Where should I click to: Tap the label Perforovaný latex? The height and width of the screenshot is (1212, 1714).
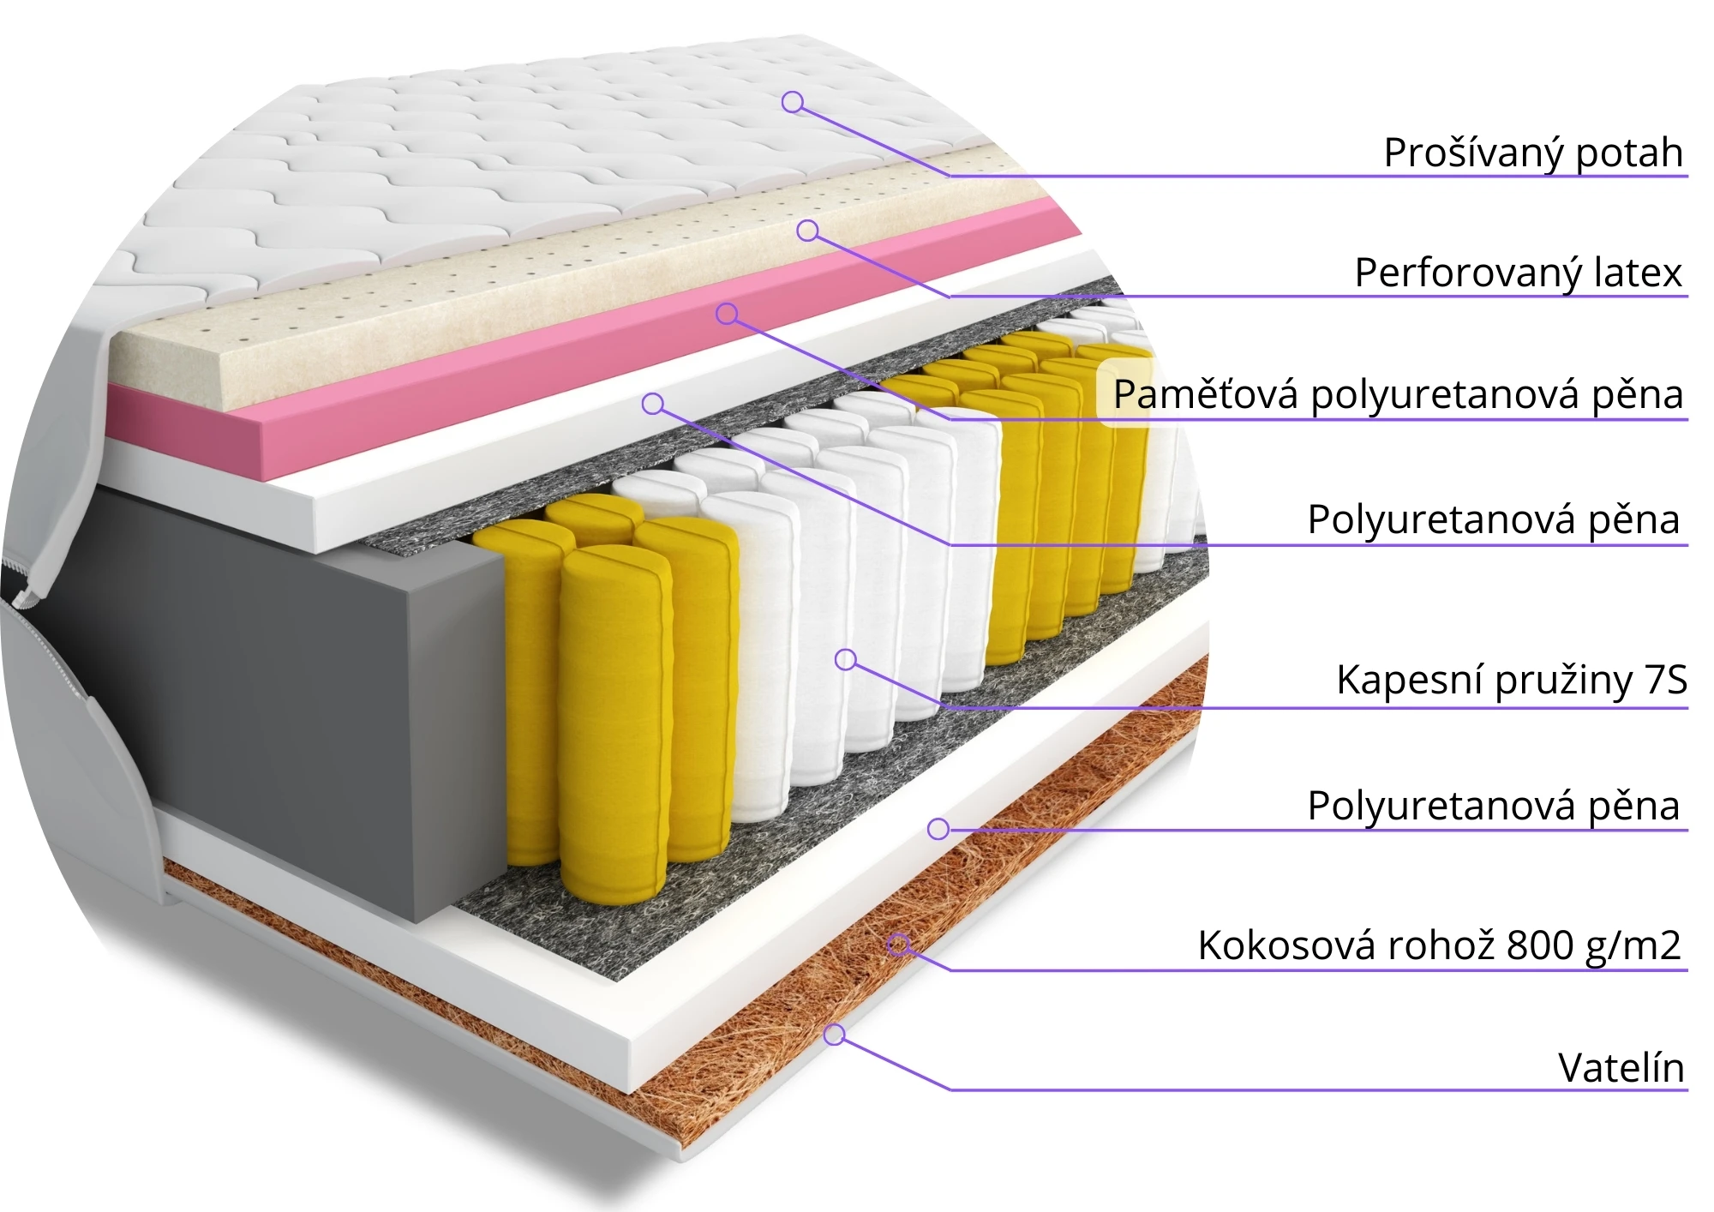[1518, 273]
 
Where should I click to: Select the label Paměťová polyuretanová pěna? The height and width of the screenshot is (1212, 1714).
[1398, 395]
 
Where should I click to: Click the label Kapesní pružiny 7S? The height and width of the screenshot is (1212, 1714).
[1511, 681]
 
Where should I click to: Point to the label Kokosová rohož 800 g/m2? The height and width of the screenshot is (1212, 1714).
[1439, 946]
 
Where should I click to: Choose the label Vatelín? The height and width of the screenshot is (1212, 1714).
[1621, 1069]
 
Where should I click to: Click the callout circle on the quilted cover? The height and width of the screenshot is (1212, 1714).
[793, 102]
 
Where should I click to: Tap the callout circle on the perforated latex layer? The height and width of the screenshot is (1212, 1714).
[807, 231]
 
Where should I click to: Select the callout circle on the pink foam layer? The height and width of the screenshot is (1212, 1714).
[727, 314]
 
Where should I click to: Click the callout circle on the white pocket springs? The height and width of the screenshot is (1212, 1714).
[846, 659]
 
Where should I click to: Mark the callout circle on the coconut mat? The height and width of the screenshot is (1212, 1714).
[898, 945]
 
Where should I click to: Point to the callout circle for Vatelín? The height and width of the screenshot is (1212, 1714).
[835, 1035]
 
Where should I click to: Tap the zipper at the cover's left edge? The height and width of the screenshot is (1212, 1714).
[26, 583]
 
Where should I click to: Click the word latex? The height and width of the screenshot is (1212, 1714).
[1637, 273]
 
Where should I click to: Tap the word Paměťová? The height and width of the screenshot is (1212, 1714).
[1205, 395]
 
